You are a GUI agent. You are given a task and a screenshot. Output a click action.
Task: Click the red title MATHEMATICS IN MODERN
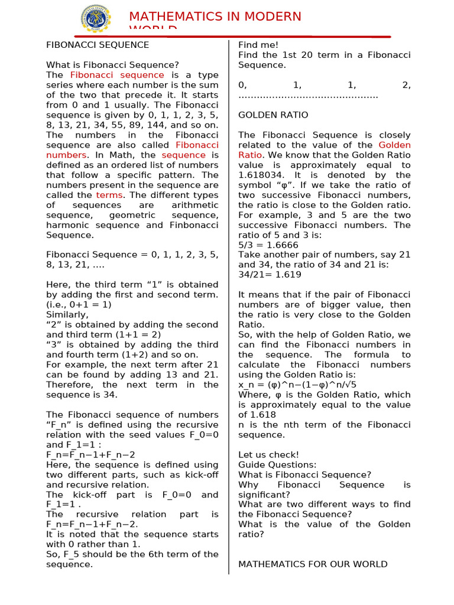[215, 17]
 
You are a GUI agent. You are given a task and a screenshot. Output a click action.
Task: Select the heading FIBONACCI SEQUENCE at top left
[98, 45]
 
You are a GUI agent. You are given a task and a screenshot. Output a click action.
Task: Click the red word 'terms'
[109, 195]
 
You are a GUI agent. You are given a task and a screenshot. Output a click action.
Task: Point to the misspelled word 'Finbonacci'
[190, 225]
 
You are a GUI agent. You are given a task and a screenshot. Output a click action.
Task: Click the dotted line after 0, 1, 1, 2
[308, 95]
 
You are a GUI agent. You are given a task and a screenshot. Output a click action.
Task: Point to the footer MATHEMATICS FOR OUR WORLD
[312, 564]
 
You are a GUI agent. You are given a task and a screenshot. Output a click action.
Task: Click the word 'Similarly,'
[67, 315]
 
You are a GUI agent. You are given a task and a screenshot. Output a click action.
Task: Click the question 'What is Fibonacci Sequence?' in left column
[112, 65]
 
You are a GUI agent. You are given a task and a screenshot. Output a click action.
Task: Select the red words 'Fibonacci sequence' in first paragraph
[117, 75]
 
